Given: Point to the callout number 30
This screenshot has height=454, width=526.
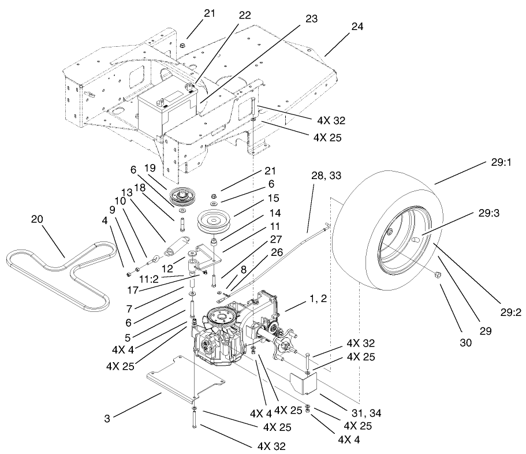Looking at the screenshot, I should (465, 342).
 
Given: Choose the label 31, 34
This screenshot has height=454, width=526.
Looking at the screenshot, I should (368, 413).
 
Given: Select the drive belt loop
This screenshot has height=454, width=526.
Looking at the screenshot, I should (58, 271).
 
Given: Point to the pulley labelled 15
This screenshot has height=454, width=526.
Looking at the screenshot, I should (215, 221).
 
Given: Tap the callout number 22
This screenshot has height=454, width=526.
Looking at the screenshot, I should (245, 15).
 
